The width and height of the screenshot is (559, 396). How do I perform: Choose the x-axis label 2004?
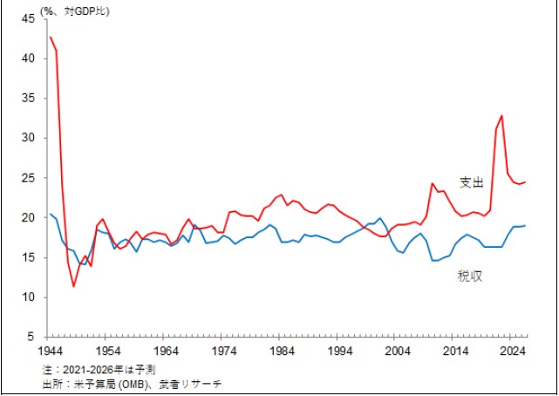point(398,352)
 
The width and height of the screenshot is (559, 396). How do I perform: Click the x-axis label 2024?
point(514,352)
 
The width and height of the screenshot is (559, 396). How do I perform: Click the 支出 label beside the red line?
point(471,182)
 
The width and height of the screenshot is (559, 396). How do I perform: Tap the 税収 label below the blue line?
point(471,277)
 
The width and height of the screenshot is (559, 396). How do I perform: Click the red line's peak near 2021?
point(501,116)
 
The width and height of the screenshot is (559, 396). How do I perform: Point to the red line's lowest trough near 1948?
point(73,286)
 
